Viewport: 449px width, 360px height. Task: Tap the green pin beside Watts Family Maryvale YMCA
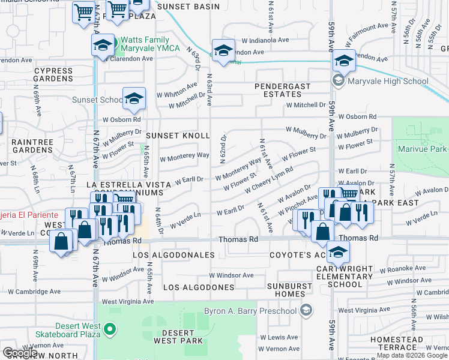(112, 43)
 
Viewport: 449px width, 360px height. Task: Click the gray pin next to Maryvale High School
(338, 81)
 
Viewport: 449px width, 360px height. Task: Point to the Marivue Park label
(421, 148)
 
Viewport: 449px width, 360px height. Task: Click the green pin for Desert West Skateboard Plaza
(110, 328)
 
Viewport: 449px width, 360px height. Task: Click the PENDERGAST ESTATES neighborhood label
(283, 90)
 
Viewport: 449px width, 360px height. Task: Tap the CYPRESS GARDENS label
(53, 74)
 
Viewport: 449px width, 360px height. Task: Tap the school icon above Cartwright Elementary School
(339, 251)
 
